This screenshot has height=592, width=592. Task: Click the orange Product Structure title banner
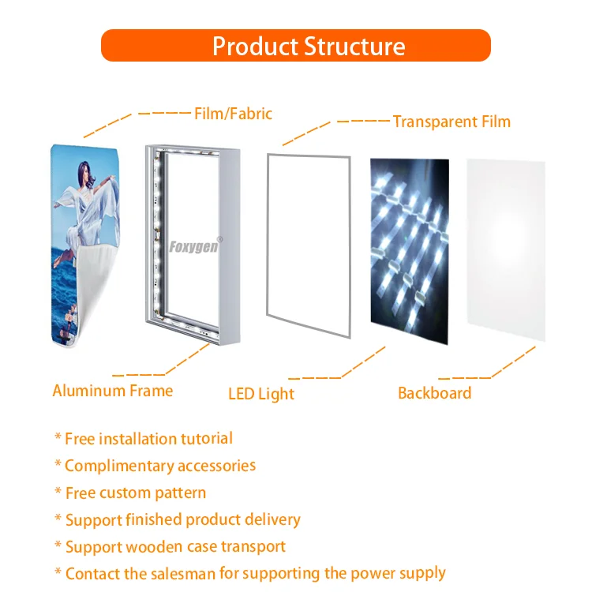pyautogui.click(x=296, y=46)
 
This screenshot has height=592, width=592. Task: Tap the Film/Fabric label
pyautogui.click(x=233, y=114)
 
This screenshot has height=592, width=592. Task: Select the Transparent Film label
pyautogui.click(x=451, y=122)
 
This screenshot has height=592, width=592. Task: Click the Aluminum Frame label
pyautogui.click(x=112, y=390)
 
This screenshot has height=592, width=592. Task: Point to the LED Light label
pyautogui.click(x=260, y=393)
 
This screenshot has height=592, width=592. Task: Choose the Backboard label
pyautogui.click(x=434, y=393)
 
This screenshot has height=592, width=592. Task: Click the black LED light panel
pyautogui.click(x=409, y=249)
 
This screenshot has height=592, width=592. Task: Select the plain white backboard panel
pyautogui.click(x=505, y=249)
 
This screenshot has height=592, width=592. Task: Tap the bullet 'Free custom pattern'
pyautogui.click(x=135, y=493)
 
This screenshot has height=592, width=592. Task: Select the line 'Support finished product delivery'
pyautogui.click(x=182, y=520)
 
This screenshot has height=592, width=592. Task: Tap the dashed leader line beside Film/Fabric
pyautogui.click(x=134, y=115)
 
